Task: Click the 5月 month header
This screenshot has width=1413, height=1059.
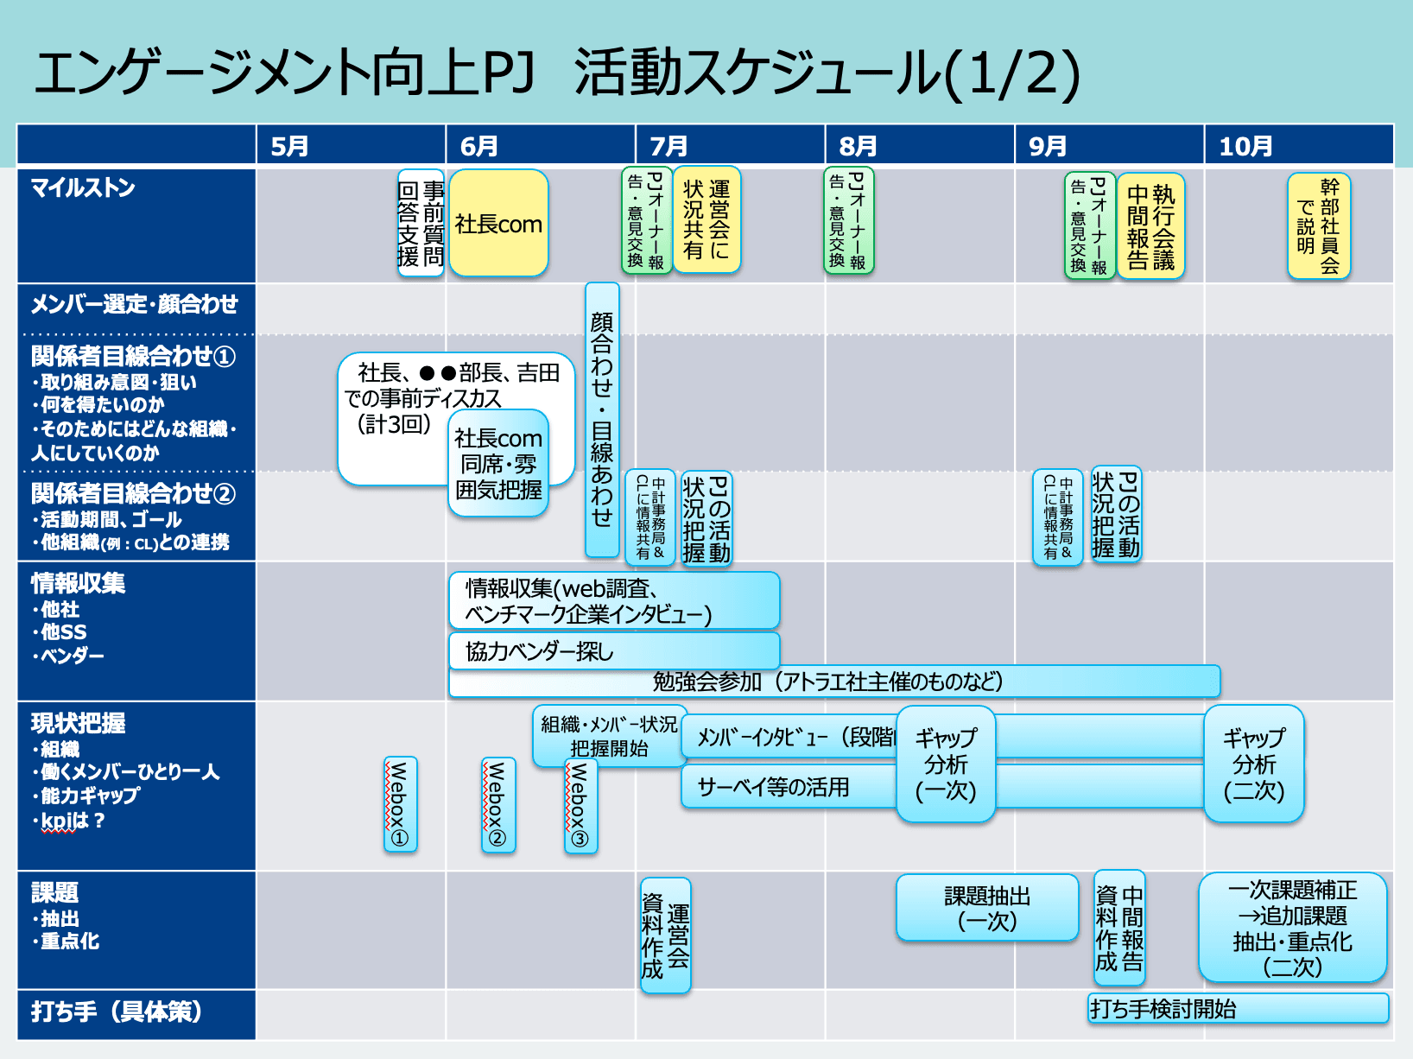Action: tap(290, 146)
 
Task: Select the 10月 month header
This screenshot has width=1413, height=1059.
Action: tap(1245, 146)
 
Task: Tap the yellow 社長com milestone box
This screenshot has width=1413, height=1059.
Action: tap(498, 224)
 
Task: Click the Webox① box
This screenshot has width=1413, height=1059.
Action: tap(400, 804)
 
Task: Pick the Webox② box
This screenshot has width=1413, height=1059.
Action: tap(498, 804)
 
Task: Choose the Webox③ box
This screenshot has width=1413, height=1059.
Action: tap(580, 807)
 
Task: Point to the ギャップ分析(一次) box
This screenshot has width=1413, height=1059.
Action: tap(946, 764)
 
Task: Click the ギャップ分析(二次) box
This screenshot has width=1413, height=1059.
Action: tap(1253, 764)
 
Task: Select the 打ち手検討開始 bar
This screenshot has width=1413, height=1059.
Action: tap(1237, 1008)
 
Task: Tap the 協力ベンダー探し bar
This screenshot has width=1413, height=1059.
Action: tap(613, 651)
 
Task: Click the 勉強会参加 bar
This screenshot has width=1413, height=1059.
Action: tap(833, 682)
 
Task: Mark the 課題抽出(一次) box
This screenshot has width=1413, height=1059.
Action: tap(986, 908)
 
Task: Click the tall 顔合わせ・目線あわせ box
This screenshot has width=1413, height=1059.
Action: tap(602, 420)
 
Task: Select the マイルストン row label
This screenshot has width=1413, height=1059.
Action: tap(83, 187)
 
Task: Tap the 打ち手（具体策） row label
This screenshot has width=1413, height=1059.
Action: tap(117, 1011)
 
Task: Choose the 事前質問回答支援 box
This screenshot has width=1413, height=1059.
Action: tap(421, 224)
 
